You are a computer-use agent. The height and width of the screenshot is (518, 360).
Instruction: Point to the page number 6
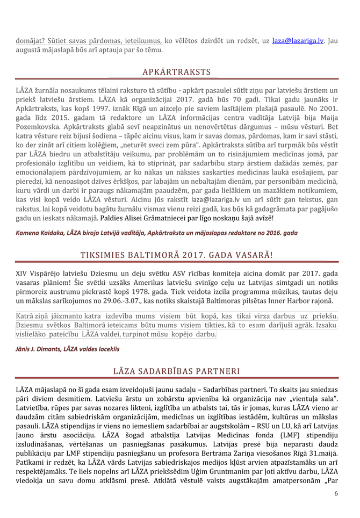pos(336,493)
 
